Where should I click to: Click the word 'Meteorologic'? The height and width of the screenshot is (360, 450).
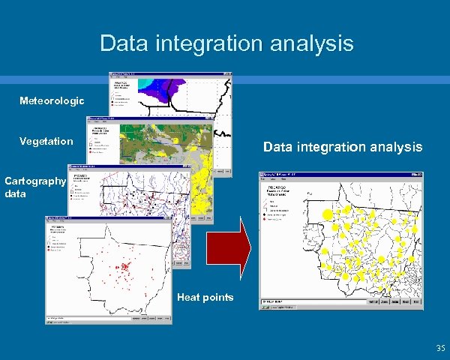[x=52, y=100]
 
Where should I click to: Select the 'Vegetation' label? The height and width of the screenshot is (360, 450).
[x=46, y=141]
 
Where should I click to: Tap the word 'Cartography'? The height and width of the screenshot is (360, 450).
[x=35, y=181]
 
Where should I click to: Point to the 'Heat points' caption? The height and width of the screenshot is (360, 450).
[x=205, y=298]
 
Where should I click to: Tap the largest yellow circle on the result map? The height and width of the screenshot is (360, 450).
[x=327, y=216]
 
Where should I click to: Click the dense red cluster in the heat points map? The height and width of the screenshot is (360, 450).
[x=124, y=265]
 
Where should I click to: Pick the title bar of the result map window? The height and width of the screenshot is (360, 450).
[x=341, y=173]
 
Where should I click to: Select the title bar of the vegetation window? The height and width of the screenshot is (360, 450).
[x=150, y=118]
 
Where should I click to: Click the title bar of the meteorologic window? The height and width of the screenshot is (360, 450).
[x=170, y=74]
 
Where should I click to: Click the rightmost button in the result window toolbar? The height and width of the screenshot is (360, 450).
[x=417, y=302]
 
